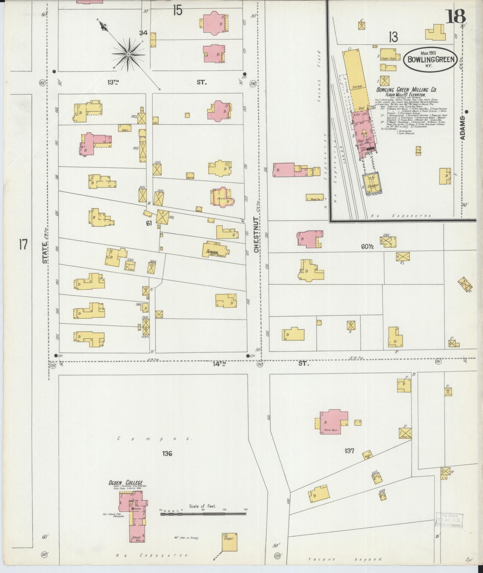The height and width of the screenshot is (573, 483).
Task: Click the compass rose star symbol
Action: point(128,54)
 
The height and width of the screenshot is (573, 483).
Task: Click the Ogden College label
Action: point(125,483)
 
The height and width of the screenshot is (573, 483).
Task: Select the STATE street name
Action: point(45,253)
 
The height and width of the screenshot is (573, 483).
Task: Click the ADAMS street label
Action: point(463,128)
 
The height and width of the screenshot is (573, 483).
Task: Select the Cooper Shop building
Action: point(388,58)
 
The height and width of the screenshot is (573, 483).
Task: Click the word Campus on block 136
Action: point(155,439)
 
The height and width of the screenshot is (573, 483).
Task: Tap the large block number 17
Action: point(23,245)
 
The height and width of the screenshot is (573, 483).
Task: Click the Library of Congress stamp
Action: point(449,520)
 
